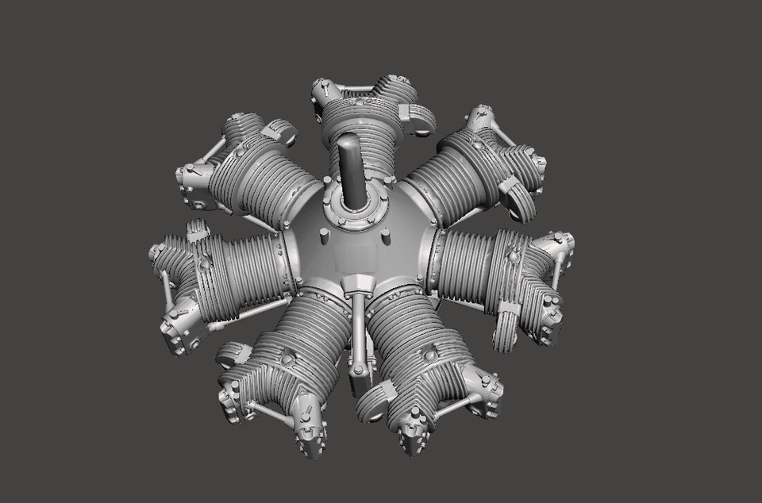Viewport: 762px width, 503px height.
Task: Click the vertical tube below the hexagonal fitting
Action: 357,333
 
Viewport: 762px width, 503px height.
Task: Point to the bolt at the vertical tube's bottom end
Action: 359,370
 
